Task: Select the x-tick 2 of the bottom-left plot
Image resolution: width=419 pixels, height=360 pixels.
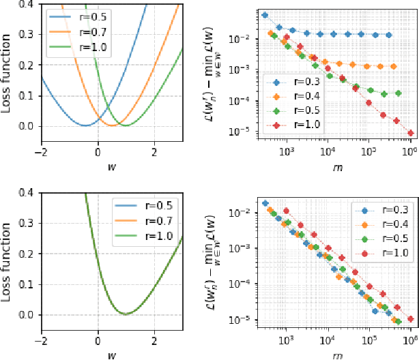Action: click(x=154, y=340)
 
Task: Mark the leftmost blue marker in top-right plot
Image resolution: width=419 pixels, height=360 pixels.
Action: click(x=265, y=15)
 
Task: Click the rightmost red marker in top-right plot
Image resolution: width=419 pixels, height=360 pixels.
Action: click(x=410, y=133)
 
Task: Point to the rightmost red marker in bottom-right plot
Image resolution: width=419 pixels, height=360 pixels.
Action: click(x=410, y=318)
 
